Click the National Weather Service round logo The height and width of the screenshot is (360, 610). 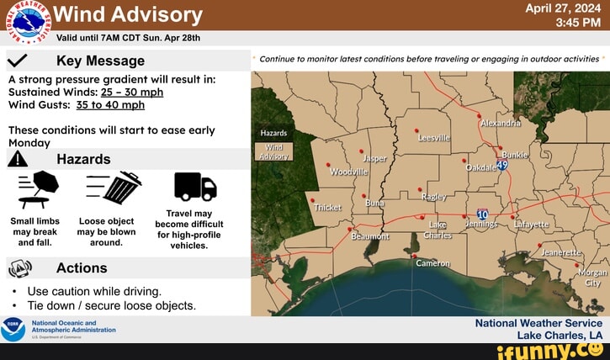point(29,22)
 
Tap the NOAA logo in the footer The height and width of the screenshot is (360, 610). point(13,329)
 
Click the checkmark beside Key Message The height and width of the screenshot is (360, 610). point(17,61)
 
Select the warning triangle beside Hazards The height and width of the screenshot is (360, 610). point(18,159)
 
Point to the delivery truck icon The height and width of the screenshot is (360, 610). point(195,187)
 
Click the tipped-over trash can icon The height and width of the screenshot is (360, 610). point(114,187)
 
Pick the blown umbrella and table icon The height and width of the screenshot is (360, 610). point(38,189)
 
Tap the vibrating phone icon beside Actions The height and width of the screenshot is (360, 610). point(20,268)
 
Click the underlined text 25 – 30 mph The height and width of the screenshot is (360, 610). point(132,93)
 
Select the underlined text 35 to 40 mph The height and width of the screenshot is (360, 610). point(110,105)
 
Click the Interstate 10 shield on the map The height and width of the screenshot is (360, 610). point(482,214)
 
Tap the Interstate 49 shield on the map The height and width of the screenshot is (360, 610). point(502,165)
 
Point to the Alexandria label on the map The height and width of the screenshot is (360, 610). point(501,124)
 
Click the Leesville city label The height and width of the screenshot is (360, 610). point(434,138)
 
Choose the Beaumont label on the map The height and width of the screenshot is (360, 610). point(370,236)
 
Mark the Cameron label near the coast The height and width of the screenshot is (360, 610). point(432,263)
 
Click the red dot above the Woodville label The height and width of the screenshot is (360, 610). point(328,165)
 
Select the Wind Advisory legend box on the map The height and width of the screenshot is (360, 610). point(274,151)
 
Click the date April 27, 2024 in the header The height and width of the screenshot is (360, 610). point(563,8)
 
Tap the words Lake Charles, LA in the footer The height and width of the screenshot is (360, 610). point(560,335)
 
